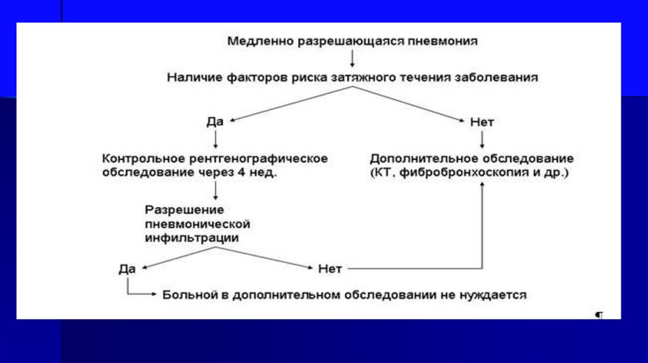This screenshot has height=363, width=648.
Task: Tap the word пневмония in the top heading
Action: pyautogui.click(x=447, y=42)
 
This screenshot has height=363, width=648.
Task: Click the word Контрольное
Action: pyautogui.click(x=140, y=158)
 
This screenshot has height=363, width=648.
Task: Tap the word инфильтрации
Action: pyautogui.click(x=192, y=238)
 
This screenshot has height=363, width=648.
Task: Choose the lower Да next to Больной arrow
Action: pyautogui.click(x=127, y=268)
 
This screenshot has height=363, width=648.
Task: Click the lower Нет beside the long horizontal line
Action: pyautogui.click(x=330, y=268)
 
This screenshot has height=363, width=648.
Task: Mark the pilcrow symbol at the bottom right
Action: pyautogui.click(x=599, y=314)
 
